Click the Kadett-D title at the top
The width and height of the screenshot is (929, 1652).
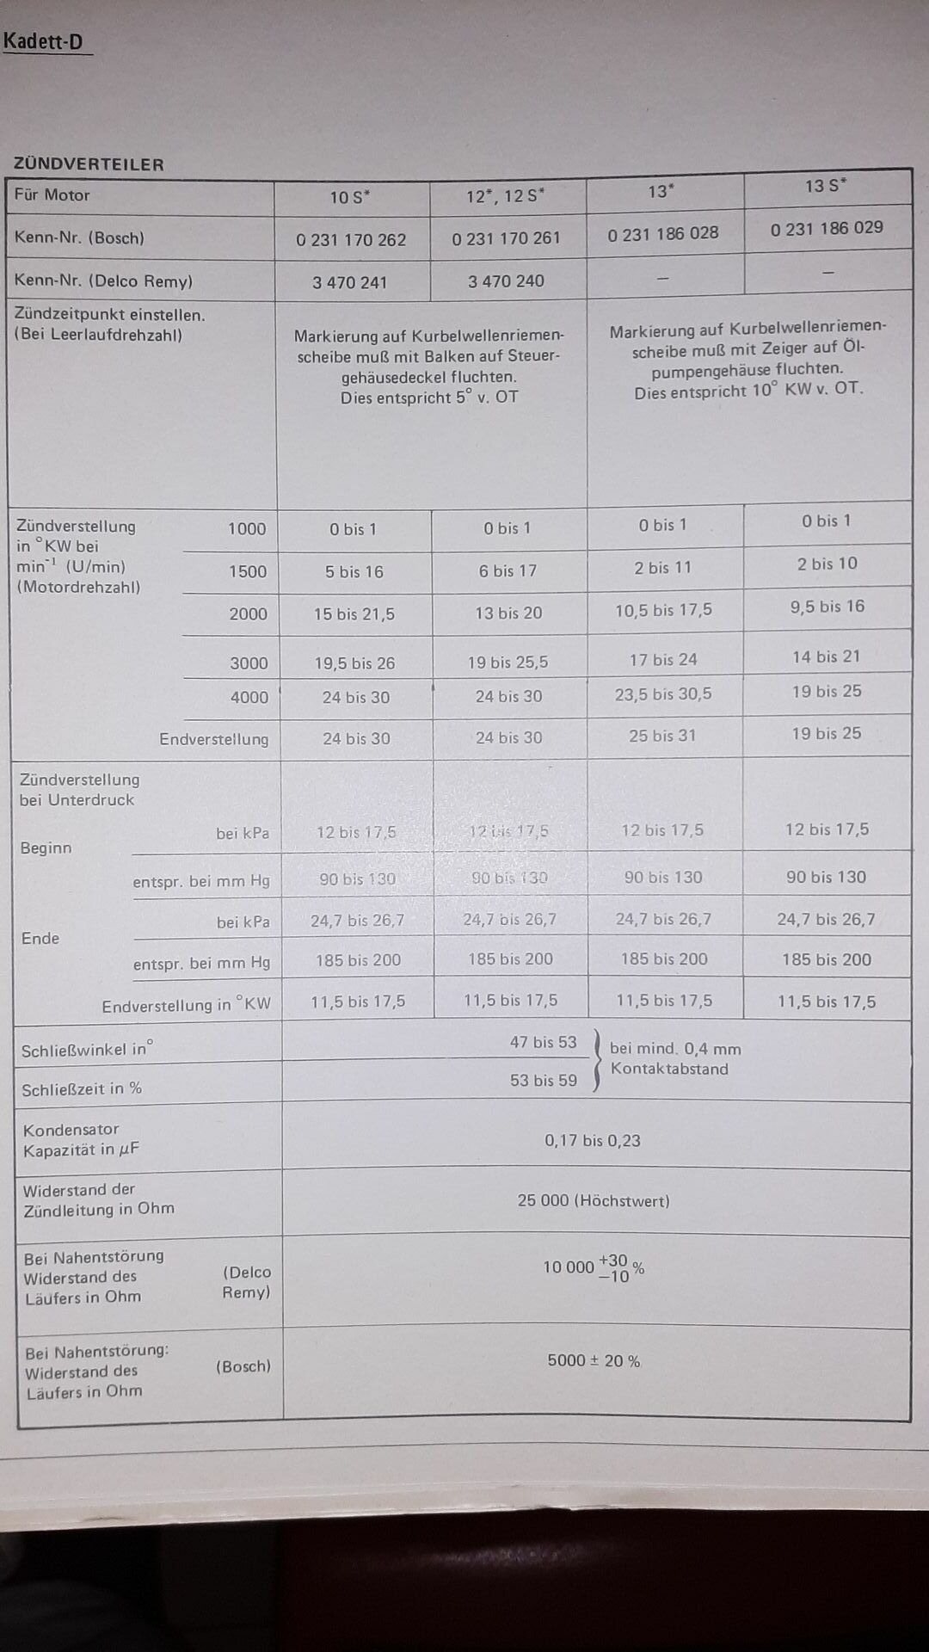click(x=43, y=41)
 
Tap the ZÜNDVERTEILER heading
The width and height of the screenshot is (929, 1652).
click(x=89, y=164)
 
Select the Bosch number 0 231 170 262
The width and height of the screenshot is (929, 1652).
click(x=351, y=240)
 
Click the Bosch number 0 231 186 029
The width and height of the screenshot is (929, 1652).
click(x=827, y=229)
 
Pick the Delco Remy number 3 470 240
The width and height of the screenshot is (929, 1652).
click(x=506, y=281)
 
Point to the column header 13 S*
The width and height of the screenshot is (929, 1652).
click(x=826, y=186)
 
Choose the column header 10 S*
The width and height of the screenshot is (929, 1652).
click(x=349, y=198)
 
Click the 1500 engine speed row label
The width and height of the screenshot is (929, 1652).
click(x=248, y=571)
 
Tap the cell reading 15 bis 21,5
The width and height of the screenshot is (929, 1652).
click(x=354, y=614)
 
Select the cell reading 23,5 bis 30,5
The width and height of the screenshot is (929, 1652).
click(x=663, y=694)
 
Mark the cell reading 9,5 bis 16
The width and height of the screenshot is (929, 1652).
click(x=827, y=607)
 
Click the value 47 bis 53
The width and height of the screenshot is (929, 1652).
click(x=543, y=1043)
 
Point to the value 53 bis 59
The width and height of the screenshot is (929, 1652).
click(x=544, y=1081)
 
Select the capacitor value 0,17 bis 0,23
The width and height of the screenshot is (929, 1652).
click(x=593, y=1141)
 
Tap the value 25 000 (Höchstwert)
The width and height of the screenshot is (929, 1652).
click(x=594, y=1201)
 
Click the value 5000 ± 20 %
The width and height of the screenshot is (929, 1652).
click(x=594, y=1361)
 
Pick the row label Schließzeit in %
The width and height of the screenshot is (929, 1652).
click(x=82, y=1089)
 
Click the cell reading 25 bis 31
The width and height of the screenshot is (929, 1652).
click(x=662, y=737)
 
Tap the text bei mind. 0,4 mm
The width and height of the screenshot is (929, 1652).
click(x=675, y=1049)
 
